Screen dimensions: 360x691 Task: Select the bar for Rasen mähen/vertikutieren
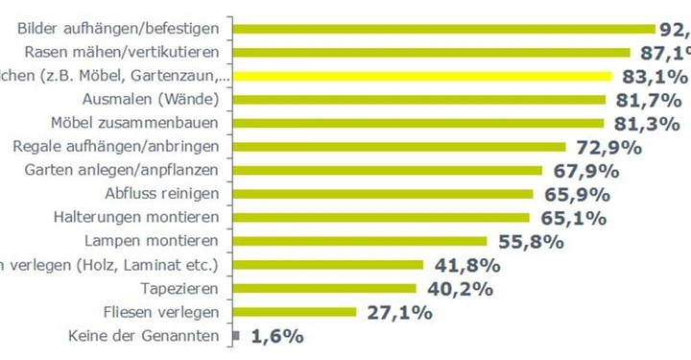[x=431, y=52]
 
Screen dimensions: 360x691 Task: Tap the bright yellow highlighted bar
[x=422, y=76]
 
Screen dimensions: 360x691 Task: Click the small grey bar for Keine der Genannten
[x=236, y=335]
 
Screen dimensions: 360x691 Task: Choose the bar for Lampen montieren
[x=360, y=241]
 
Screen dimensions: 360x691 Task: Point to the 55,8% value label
[x=529, y=241]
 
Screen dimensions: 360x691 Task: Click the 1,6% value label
[x=277, y=336]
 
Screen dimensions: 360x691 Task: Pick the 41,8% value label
[x=465, y=265]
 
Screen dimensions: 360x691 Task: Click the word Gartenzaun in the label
[x=172, y=76]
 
